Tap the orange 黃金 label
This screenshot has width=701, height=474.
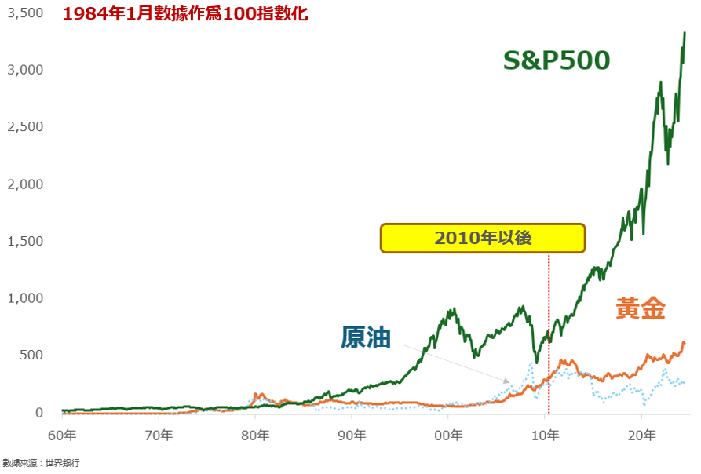coord(641,309)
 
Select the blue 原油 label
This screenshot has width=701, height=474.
coord(367,337)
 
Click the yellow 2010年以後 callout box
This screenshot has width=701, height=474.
coord(483,238)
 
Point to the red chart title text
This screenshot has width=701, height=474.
coord(185,14)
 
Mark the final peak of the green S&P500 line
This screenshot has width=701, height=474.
coord(685,33)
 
